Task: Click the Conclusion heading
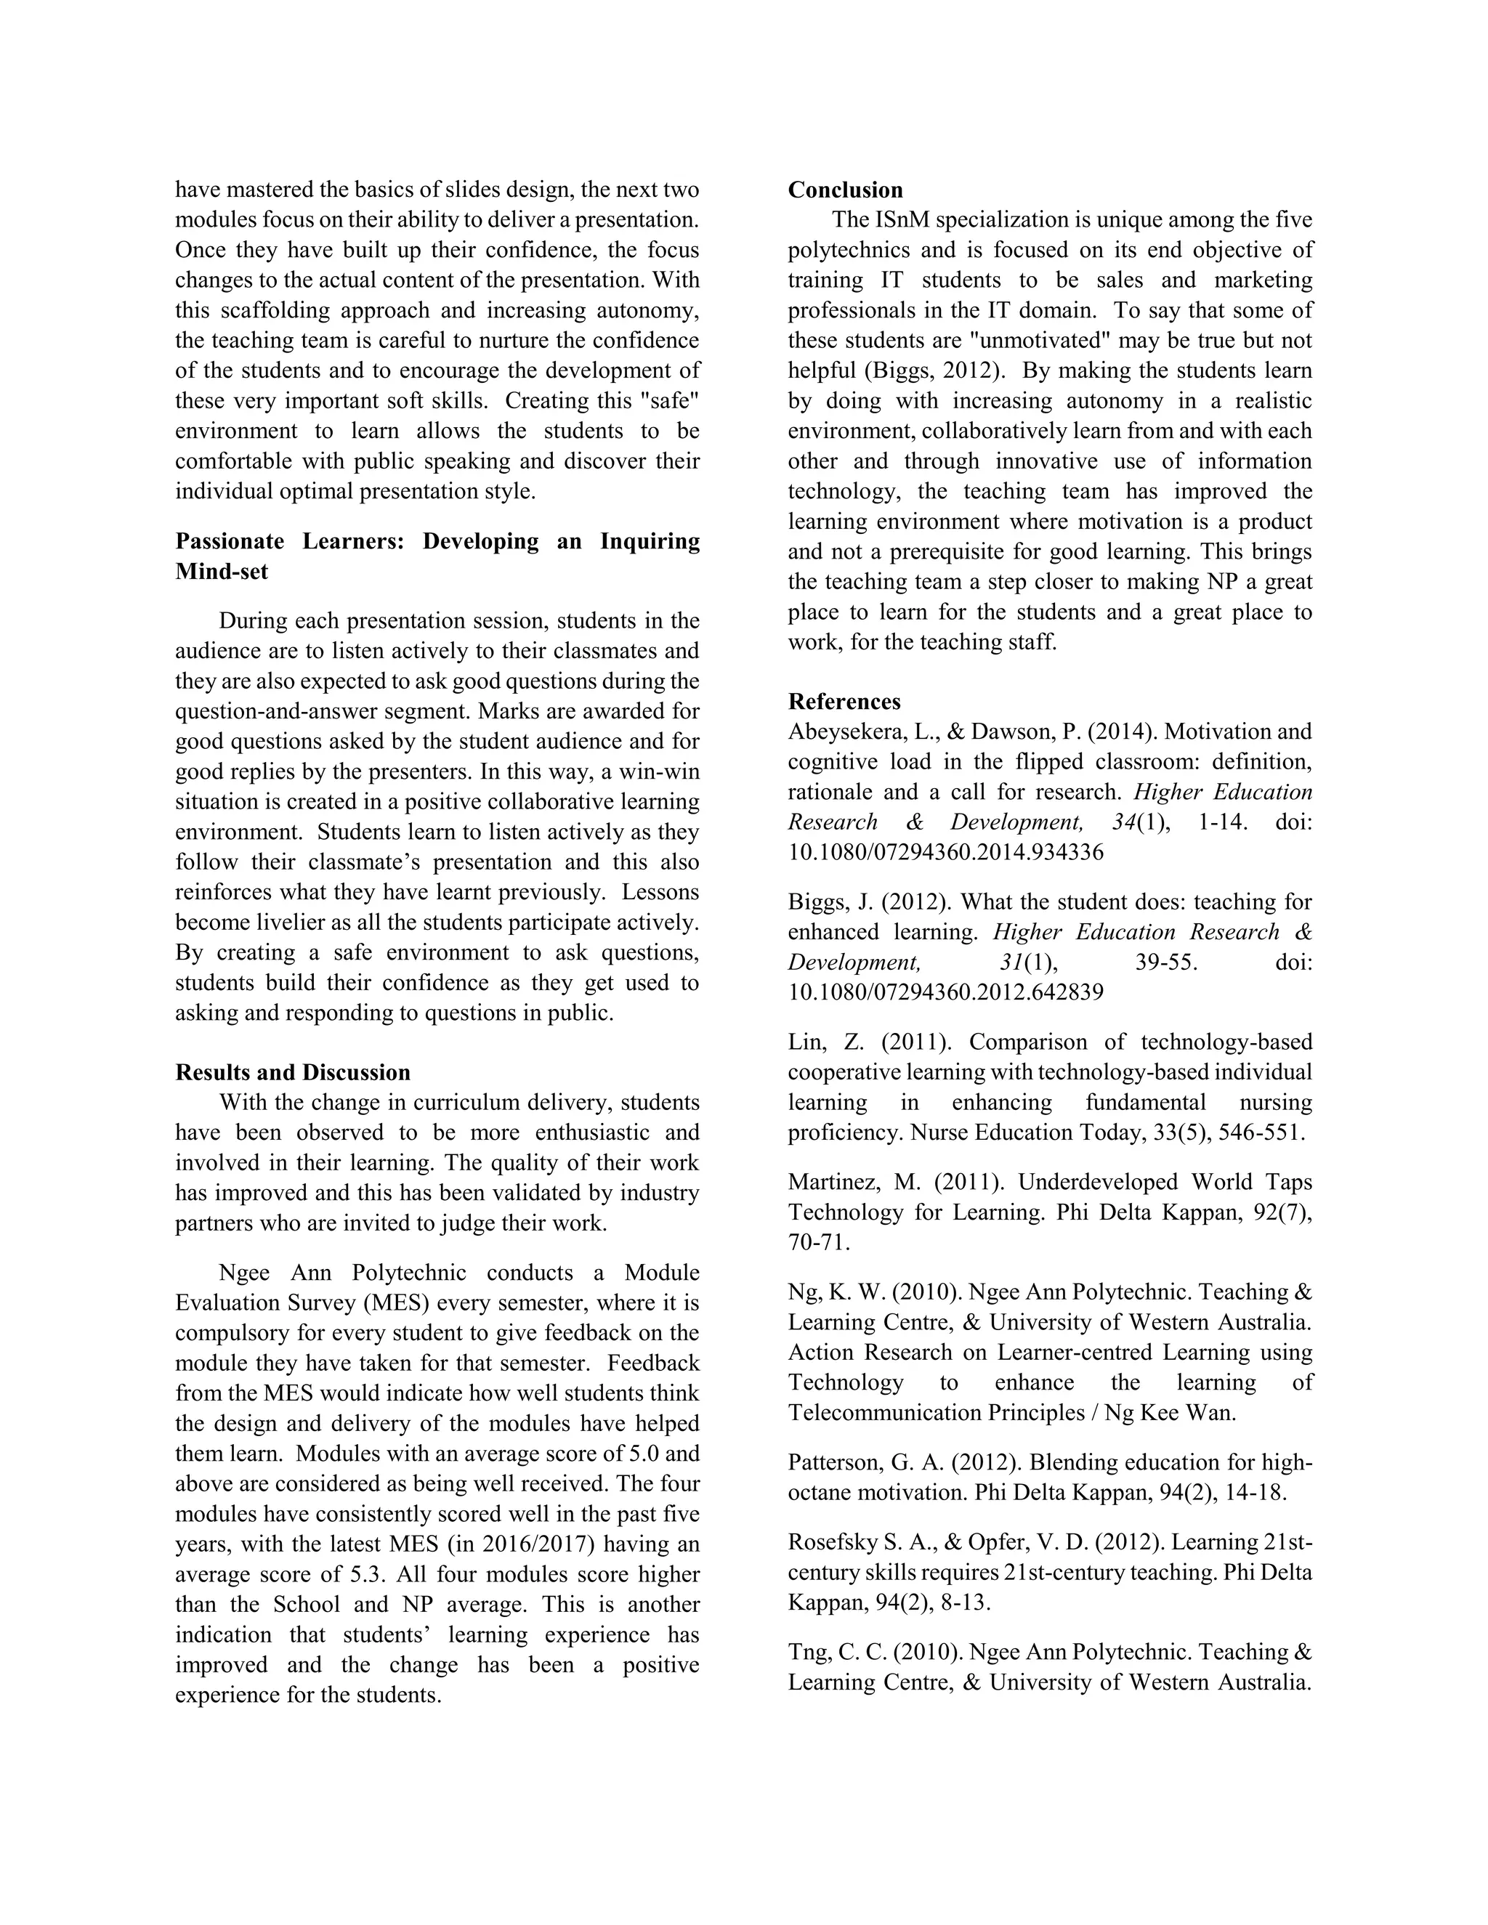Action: tap(844, 190)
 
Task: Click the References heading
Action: tap(844, 702)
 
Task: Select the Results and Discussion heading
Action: tap(293, 1073)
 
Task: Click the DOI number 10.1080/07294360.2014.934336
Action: tap(945, 852)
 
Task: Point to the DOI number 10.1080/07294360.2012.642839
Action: tap(945, 992)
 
